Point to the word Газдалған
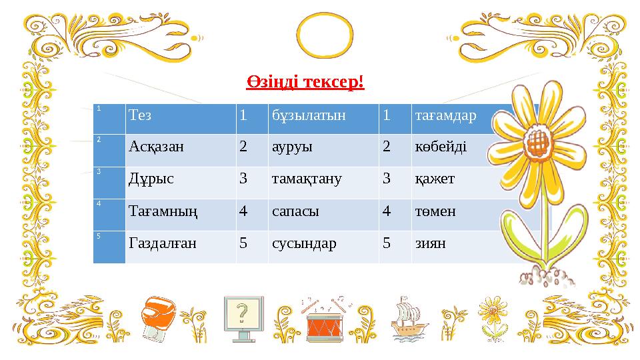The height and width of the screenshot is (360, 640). pyautogui.click(x=162, y=243)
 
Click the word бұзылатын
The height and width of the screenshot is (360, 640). pyautogui.click(x=309, y=115)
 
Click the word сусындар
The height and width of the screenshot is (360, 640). pyautogui.click(x=304, y=243)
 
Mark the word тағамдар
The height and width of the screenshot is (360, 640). pyautogui.click(x=446, y=115)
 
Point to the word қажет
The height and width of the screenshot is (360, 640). pyautogui.click(x=431, y=179)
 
